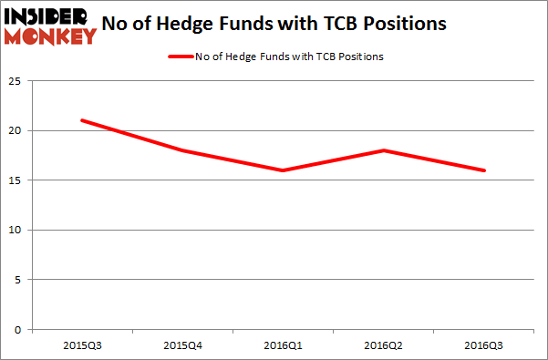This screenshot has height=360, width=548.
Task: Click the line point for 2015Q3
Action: (x=82, y=120)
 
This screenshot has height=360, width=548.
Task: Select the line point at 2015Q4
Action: (x=182, y=150)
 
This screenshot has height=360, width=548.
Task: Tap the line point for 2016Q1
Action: (x=284, y=170)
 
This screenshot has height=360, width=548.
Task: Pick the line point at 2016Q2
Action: (x=384, y=150)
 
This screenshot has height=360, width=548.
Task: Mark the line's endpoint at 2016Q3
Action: (x=484, y=170)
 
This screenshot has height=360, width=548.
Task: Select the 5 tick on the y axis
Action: (x=18, y=280)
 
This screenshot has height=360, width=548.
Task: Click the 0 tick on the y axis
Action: (x=18, y=330)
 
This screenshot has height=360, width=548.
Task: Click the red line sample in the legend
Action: (x=180, y=57)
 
